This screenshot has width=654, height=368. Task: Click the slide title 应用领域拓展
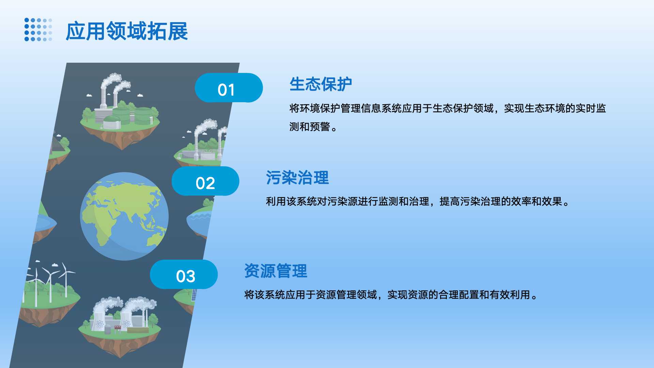(x=127, y=31)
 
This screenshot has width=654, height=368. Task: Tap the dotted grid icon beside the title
(x=38, y=30)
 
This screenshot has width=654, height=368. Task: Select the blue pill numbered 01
(x=229, y=88)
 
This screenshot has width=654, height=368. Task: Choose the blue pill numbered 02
(x=205, y=181)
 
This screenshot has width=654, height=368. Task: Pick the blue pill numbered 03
(x=184, y=275)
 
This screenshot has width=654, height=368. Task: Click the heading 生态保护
(x=321, y=84)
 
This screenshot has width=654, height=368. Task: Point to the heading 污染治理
(x=297, y=178)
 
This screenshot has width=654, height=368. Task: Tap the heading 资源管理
(x=276, y=271)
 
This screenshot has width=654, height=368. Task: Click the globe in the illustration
(x=124, y=216)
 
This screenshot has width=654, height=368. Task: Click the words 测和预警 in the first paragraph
(x=310, y=127)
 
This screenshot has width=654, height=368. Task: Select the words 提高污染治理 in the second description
(x=470, y=202)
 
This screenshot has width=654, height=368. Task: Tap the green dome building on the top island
(x=112, y=121)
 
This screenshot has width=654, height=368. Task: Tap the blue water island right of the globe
(x=199, y=220)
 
